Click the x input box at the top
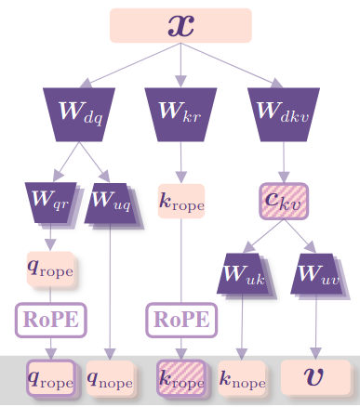tap(181, 25)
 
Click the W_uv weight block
tap(317, 276)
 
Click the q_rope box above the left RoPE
tap(50, 270)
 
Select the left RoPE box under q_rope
tap(49, 321)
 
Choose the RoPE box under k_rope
tap(180, 321)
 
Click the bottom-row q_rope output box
tap(50, 377)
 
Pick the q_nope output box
tap(111, 377)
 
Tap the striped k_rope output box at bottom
tap(180, 377)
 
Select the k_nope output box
tap(243, 377)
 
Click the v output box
tap(316, 377)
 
